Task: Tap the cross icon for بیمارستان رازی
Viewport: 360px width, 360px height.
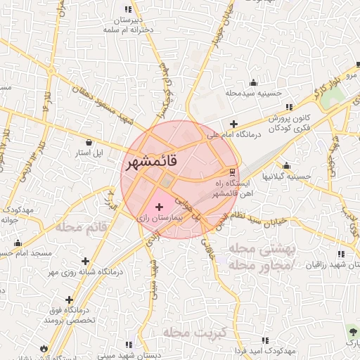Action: [159, 207]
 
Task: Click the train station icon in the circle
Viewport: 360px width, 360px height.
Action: [233, 172]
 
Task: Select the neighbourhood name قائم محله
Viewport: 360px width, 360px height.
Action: [80, 227]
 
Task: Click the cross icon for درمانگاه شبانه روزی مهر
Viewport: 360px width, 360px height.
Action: [86, 261]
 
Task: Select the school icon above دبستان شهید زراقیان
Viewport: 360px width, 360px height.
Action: [340, 254]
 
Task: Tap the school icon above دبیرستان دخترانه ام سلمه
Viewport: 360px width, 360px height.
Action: [128, 10]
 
